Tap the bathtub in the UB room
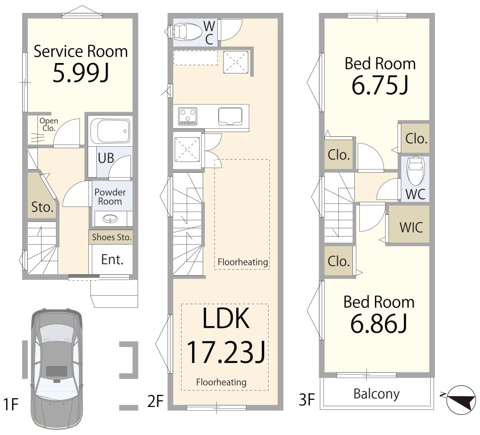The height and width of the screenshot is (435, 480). [110, 131]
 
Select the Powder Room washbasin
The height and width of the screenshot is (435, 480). [110, 218]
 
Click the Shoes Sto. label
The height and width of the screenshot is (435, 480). [112, 237]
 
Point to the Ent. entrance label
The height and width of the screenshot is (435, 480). [112, 259]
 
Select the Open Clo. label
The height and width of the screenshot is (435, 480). [49, 124]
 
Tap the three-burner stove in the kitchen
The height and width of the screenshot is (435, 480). [188, 116]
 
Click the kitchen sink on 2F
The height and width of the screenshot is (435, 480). [230, 116]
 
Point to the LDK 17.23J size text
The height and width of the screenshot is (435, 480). [226, 335]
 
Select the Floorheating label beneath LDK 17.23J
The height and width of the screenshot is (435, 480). [221, 382]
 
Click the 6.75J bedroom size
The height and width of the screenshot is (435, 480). [380, 85]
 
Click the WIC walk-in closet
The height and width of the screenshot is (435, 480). [409, 224]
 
